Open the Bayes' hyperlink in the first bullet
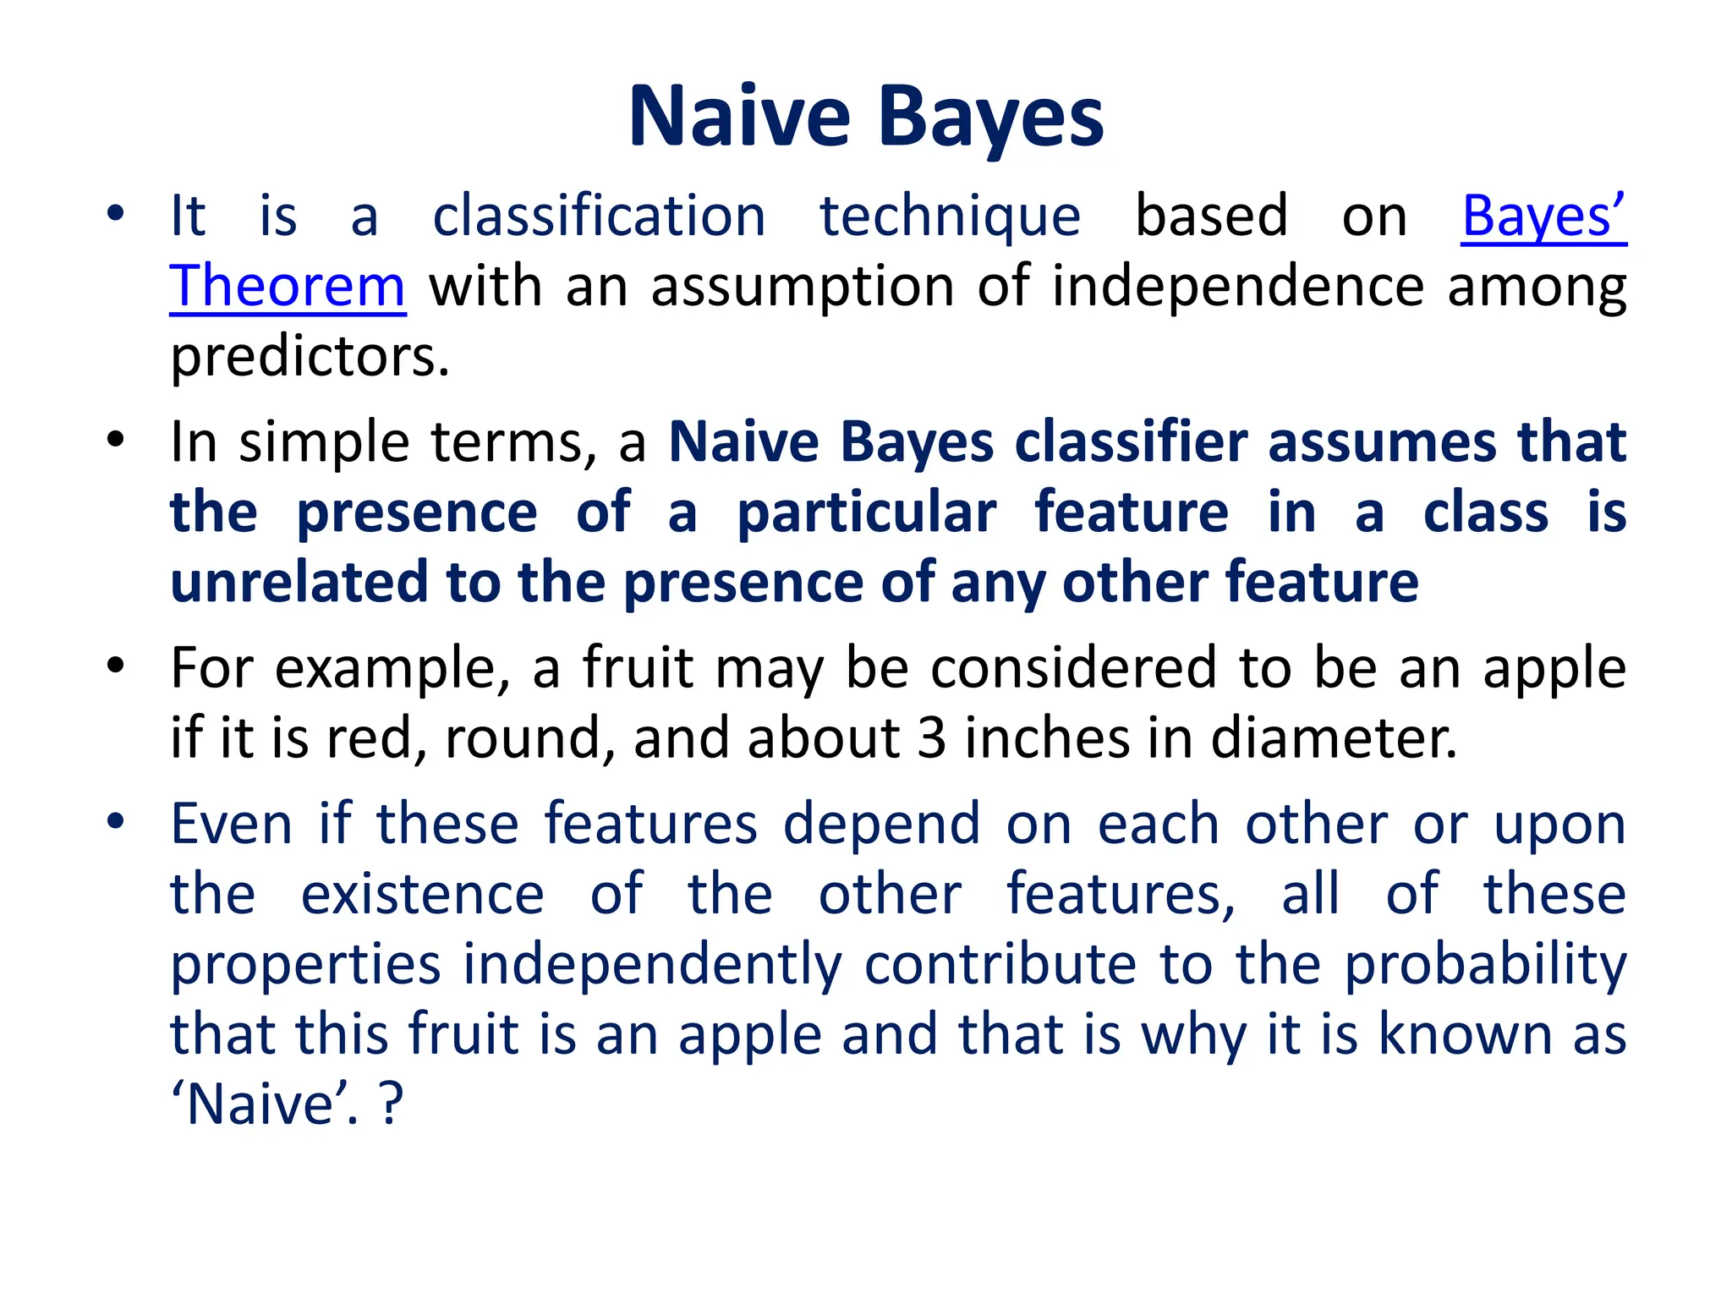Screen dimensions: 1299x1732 pos(1543,216)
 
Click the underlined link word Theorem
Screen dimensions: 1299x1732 pos(288,288)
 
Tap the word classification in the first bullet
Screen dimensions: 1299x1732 pos(599,216)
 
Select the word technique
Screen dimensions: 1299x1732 pos(950,218)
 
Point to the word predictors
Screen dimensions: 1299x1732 pos(310,359)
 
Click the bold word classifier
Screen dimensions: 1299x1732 pos(1131,443)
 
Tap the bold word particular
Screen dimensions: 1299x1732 pos(866,514)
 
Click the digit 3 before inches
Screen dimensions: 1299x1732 pos(931,738)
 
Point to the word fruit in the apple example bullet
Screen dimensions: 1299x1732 pos(638,669)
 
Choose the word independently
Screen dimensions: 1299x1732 pos(652,966)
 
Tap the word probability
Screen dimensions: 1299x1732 pos(1485,966)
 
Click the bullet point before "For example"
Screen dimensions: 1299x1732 pos(116,666)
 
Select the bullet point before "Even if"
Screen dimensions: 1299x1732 pos(116,821)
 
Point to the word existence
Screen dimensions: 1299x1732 pos(422,895)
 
